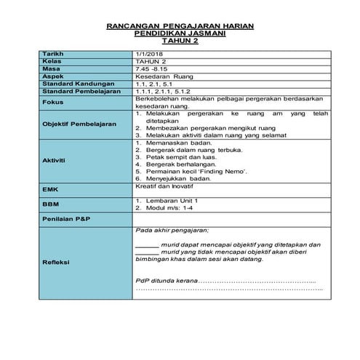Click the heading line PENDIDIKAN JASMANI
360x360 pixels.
click(180, 34)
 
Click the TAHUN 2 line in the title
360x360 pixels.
click(180, 41)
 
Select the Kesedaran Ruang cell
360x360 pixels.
click(164, 76)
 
